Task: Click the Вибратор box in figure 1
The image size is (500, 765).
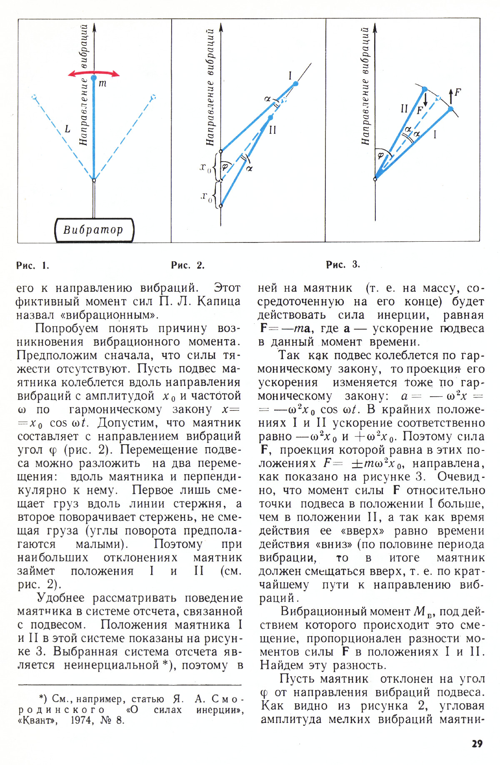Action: (94, 230)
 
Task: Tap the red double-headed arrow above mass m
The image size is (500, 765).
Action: (94, 73)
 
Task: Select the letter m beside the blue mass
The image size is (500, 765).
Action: (102, 83)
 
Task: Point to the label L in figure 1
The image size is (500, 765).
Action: (67, 129)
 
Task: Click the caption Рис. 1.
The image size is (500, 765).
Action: (33, 265)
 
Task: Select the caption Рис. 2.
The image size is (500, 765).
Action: (188, 265)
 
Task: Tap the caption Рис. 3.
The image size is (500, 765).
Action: (343, 265)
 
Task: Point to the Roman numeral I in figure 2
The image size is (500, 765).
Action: (290, 75)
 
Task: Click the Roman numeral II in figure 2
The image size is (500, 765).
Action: (272, 130)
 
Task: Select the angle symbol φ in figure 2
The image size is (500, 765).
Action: (225, 167)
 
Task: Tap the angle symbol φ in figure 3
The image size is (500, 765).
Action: (380, 155)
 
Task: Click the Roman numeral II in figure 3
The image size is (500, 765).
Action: (404, 109)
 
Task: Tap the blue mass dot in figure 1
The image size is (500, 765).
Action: (94, 78)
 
